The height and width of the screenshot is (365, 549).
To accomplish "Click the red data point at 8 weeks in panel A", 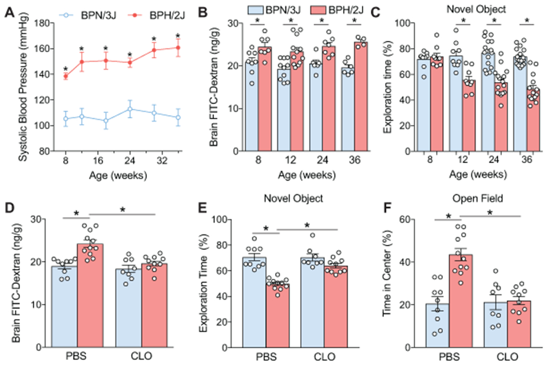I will coord(65,76).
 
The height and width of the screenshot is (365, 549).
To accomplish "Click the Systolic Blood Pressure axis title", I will coord(10,87).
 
